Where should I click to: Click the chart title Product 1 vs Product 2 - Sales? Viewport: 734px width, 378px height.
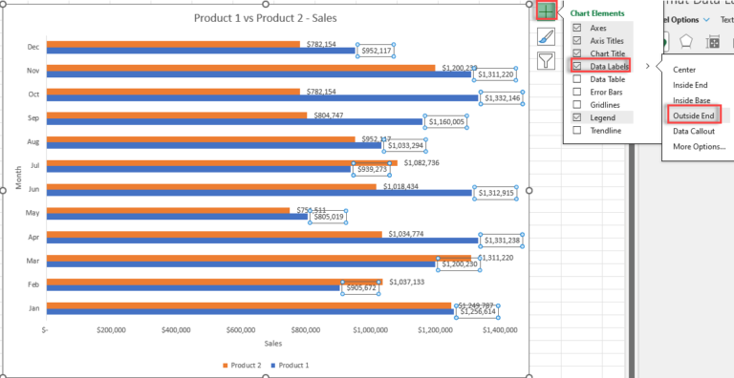pos(265,17)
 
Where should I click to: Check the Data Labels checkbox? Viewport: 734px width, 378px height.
pos(576,66)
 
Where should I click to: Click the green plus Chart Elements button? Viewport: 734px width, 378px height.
pos(545,11)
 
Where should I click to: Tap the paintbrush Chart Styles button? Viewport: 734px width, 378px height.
pos(545,37)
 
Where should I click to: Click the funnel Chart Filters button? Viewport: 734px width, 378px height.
pos(545,61)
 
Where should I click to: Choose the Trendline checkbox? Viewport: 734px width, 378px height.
pos(576,130)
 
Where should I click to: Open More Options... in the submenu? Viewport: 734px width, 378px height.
pos(699,146)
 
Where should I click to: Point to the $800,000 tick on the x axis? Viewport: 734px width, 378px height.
pos(306,330)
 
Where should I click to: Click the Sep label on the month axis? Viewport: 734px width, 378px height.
pos(32,118)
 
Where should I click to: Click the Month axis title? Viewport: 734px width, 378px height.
pos(18,176)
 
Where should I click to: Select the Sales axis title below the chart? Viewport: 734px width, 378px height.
pos(273,343)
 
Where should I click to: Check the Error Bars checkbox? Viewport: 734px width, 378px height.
pos(576,92)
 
